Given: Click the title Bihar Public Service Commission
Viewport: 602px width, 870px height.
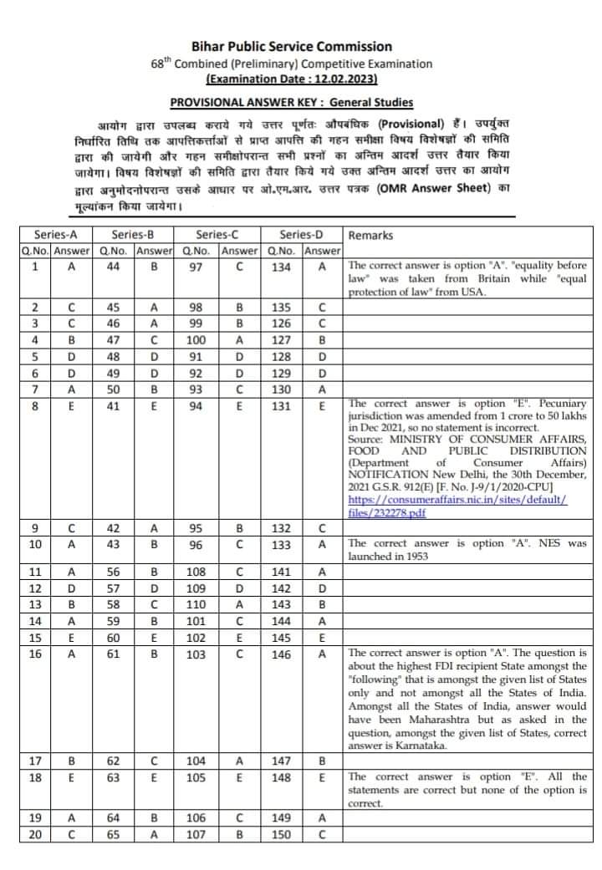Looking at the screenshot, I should click(291, 46).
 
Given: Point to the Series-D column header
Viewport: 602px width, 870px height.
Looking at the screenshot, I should click(303, 235).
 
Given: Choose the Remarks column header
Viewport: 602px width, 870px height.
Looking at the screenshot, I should click(370, 236).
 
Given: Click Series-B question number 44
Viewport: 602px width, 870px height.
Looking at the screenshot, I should click(114, 267).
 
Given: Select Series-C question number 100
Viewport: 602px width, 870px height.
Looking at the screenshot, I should click(196, 340).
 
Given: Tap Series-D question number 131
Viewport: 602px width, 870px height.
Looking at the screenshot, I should click(281, 406).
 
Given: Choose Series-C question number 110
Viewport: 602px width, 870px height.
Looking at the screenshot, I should click(196, 604).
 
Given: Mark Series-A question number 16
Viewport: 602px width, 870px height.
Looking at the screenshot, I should click(36, 654).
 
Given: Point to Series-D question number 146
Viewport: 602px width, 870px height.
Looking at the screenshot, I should click(281, 654).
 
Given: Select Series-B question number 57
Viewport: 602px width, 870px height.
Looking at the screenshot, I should click(114, 588).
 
